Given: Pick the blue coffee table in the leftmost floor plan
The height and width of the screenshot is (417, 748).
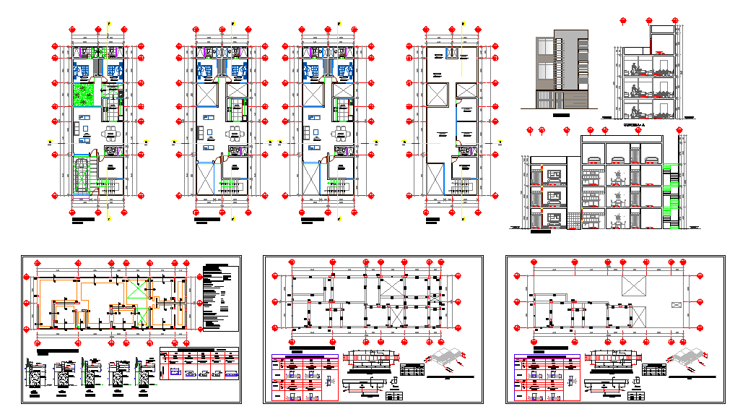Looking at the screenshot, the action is pos(85,130).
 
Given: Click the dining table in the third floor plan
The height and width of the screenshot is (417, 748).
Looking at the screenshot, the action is pos(339,132).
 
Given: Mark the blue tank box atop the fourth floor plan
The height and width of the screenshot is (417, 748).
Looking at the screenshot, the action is pos(453,53).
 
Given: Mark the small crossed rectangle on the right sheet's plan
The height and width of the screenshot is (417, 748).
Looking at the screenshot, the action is pos(677,306).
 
